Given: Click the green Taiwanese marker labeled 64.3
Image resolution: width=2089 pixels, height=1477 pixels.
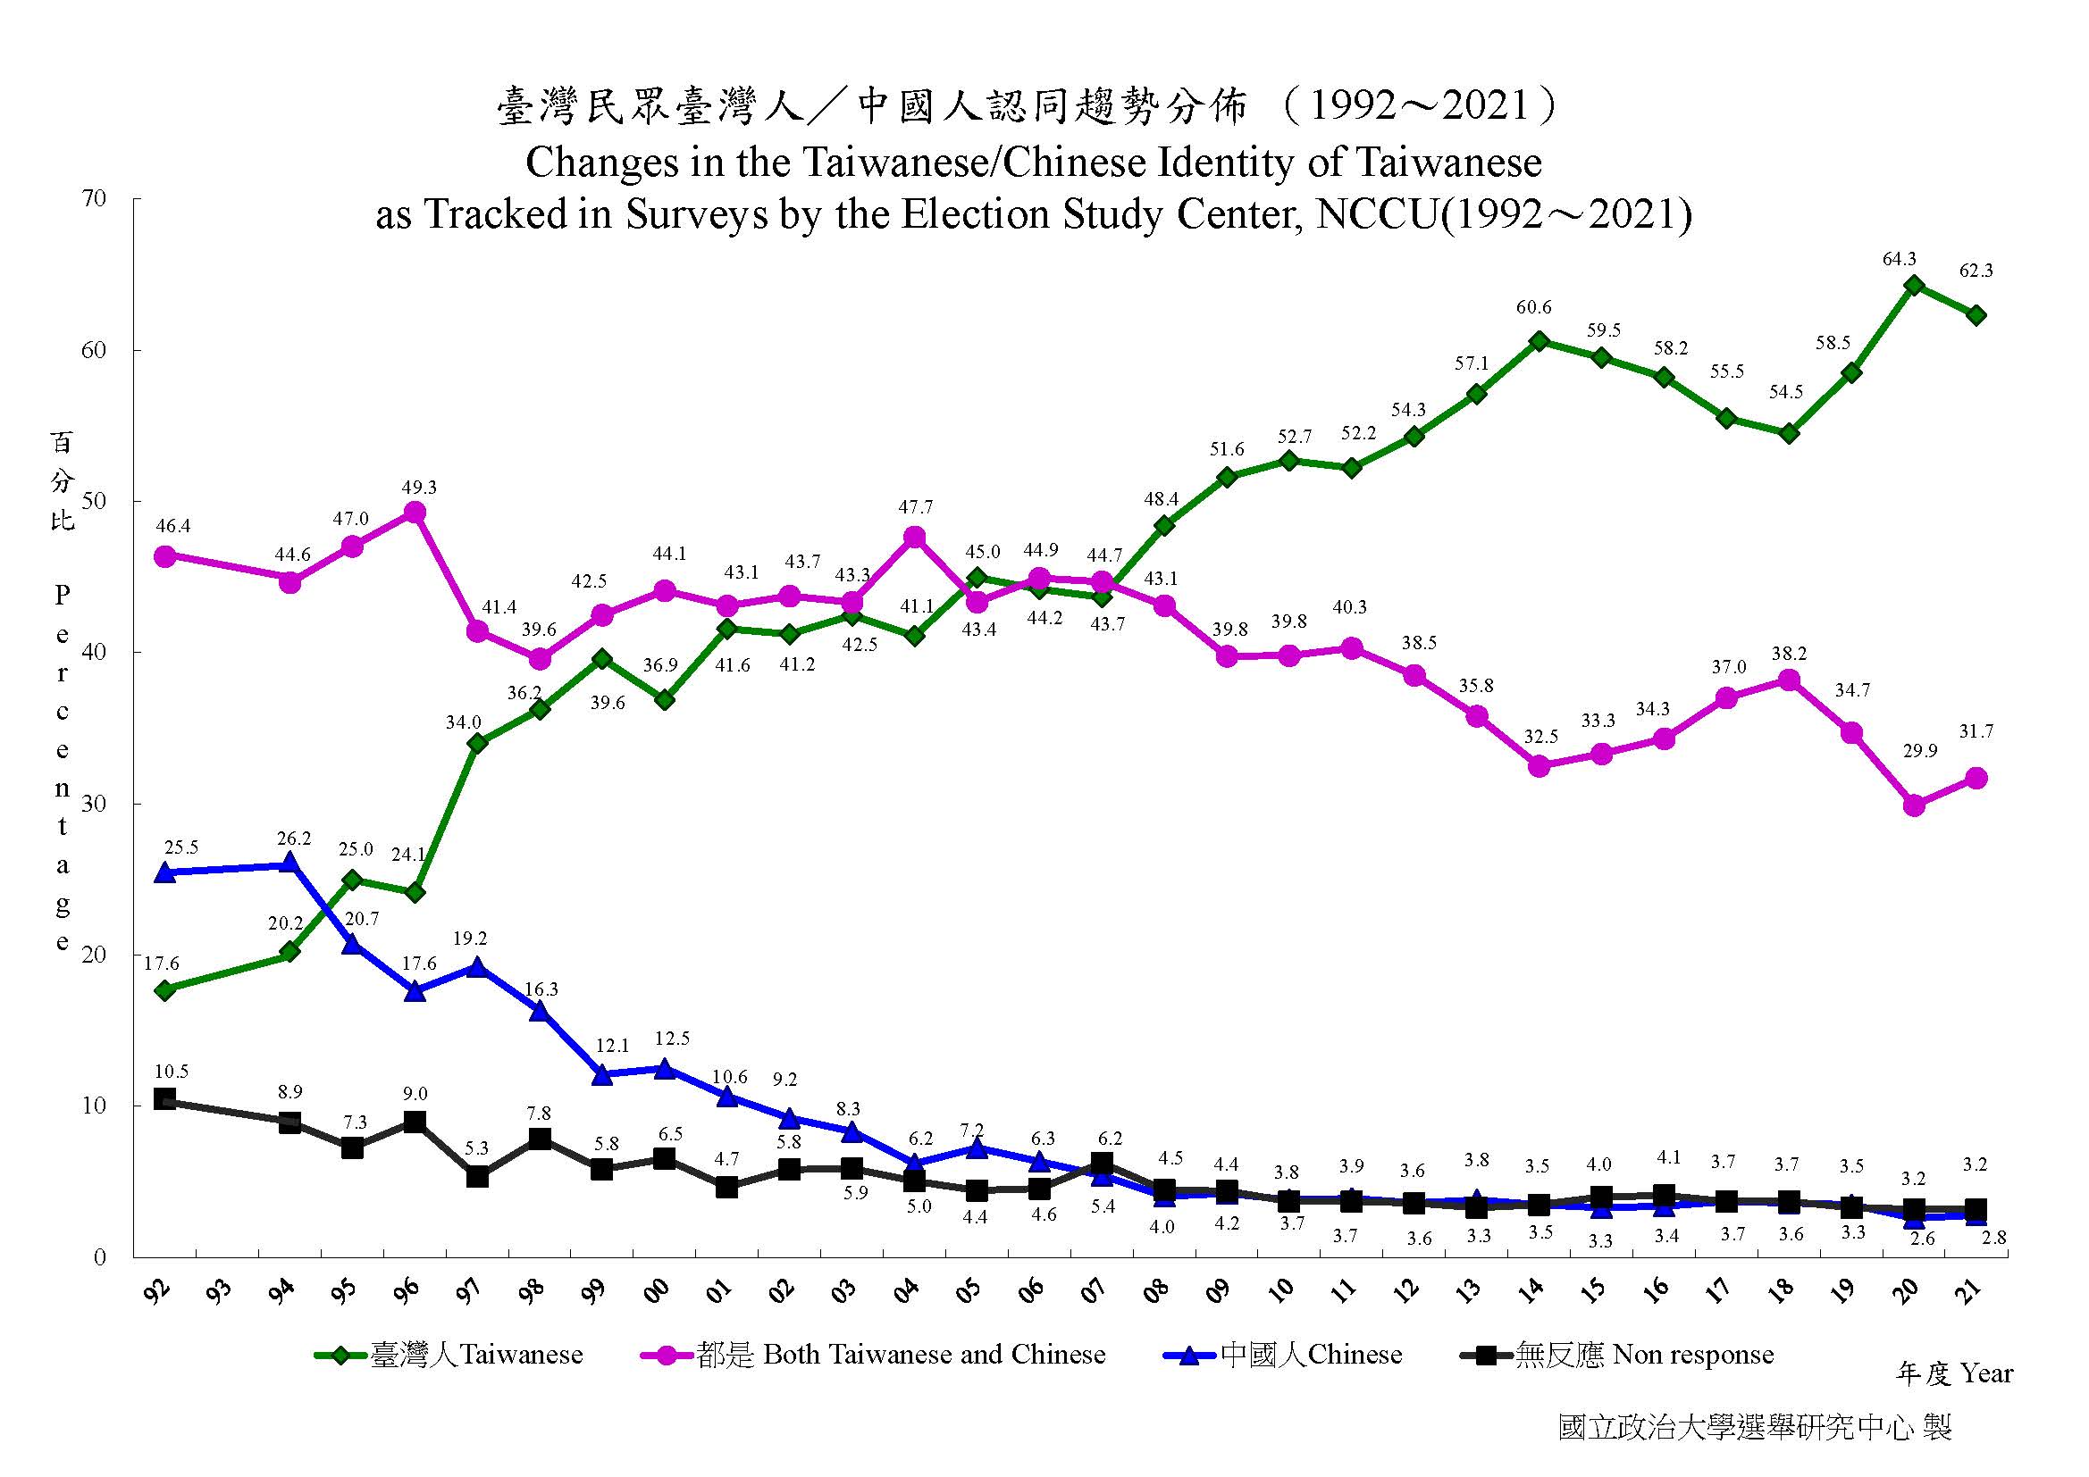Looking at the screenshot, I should (1913, 285).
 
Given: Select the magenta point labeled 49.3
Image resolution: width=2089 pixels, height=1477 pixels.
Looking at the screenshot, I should (415, 512).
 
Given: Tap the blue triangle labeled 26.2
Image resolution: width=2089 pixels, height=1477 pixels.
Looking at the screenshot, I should (290, 863).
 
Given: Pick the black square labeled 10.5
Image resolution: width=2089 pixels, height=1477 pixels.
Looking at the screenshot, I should (164, 1098).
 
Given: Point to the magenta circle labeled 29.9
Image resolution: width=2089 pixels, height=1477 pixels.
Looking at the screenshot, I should (1913, 805).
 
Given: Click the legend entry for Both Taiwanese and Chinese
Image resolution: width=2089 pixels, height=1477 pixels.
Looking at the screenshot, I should (874, 1356).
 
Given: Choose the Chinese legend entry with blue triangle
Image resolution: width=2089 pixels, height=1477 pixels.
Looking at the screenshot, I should (1283, 1356).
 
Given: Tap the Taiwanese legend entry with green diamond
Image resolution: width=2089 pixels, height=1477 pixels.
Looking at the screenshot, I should (449, 1356).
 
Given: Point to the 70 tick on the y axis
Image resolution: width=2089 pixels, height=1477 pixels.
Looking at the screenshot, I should (95, 198).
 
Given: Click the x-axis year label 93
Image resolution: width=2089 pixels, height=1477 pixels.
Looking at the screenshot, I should (220, 1289).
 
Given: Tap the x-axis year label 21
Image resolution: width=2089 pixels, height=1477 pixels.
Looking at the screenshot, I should (1969, 1289).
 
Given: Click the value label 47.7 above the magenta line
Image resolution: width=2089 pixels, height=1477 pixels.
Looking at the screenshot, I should (915, 506).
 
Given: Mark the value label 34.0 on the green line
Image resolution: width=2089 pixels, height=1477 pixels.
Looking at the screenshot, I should (463, 722).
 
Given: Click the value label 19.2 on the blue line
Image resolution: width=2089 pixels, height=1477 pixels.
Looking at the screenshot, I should (470, 938).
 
